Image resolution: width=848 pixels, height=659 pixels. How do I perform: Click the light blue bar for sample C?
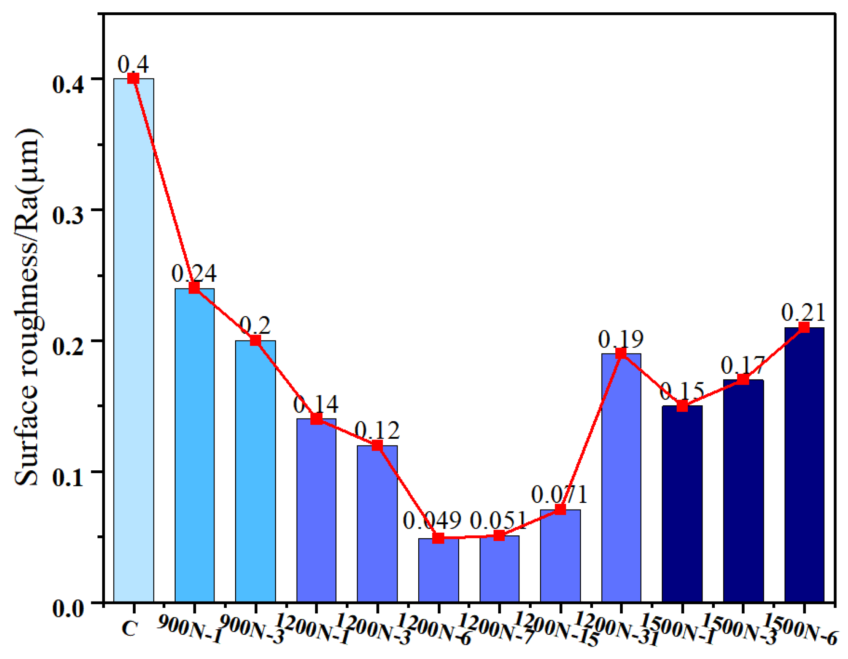[x=134, y=341]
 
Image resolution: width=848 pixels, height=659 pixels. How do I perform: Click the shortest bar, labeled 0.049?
[x=438, y=571]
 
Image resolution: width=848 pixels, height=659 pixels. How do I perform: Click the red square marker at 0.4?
[x=134, y=78]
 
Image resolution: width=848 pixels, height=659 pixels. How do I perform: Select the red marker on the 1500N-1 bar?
[x=682, y=406]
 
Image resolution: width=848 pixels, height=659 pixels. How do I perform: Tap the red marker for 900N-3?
[x=255, y=340]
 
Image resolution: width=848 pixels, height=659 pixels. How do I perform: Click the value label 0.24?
[x=194, y=273]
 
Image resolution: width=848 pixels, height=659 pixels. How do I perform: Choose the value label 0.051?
[x=498, y=520]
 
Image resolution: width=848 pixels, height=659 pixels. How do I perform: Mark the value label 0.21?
[x=803, y=313]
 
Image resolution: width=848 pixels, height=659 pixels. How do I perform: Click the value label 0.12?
[x=377, y=430]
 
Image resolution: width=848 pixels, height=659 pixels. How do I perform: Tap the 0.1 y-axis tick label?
[x=68, y=478]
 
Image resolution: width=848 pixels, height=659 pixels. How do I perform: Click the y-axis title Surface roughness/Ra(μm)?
[x=28, y=307]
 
